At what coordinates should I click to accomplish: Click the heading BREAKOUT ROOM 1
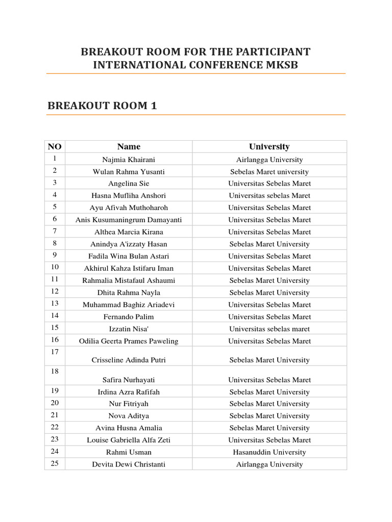(x=102, y=106)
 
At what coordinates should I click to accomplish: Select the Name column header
(x=129, y=147)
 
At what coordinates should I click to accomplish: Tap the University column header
(x=269, y=147)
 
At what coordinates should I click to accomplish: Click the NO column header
(x=55, y=147)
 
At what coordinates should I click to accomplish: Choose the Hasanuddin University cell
(x=269, y=452)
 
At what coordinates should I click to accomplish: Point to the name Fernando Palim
(x=129, y=317)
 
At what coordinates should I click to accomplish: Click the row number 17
(x=55, y=352)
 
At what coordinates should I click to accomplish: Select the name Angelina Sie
(x=129, y=184)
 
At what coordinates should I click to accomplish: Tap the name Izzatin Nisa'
(x=129, y=329)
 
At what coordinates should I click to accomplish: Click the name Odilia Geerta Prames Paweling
(x=129, y=341)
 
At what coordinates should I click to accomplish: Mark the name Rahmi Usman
(x=129, y=452)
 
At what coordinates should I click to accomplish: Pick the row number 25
(x=55, y=463)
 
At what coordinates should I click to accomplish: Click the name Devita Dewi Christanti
(x=129, y=464)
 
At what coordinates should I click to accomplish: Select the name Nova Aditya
(x=129, y=416)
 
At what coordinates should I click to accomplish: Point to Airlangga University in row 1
(x=269, y=160)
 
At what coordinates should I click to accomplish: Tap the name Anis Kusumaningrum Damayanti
(x=129, y=220)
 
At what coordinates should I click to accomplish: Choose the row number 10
(x=55, y=267)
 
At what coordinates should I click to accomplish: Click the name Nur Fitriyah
(x=129, y=404)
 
